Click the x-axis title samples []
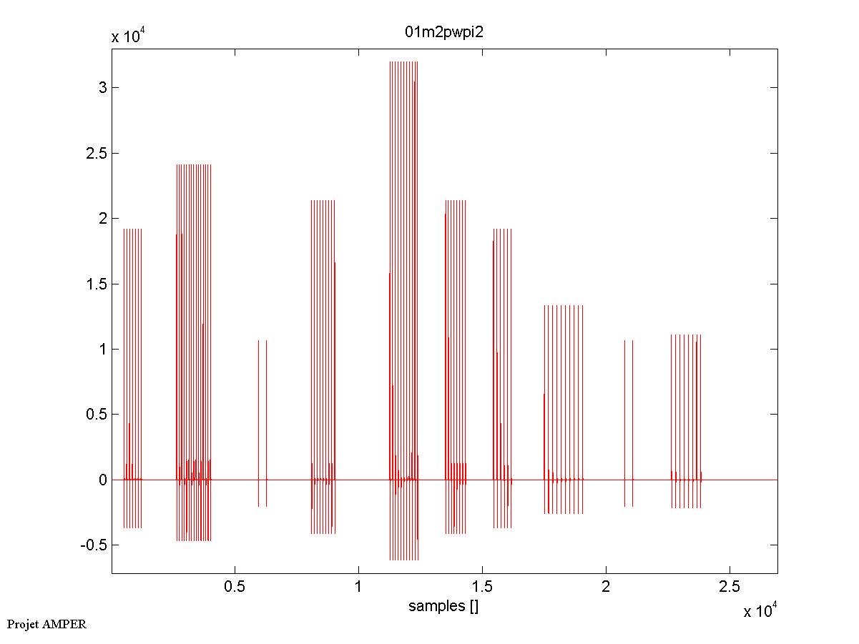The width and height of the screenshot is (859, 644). [443, 607]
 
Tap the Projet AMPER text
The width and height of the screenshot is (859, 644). [46, 624]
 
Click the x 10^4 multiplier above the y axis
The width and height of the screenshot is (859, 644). [128, 37]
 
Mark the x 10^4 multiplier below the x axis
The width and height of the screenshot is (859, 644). [760, 611]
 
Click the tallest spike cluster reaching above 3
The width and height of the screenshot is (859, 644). [403, 286]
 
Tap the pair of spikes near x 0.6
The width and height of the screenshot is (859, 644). [262, 422]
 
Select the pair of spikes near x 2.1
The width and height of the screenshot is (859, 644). [629, 422]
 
